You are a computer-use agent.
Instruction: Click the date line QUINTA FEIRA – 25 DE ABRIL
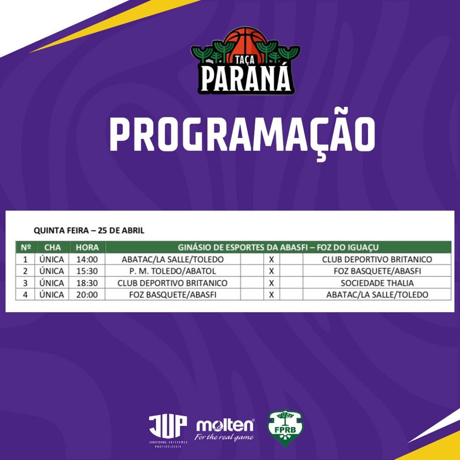pos(89,230)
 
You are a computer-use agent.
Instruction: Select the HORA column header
pos(87,247)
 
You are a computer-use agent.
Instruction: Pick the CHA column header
pos(53,247)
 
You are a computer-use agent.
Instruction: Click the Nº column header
pos(26,247)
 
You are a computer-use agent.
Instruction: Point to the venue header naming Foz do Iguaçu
pos(278,247)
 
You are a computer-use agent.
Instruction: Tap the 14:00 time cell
pos(87,259)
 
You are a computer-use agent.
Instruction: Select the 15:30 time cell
pos(87,271)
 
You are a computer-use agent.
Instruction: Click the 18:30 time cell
pos(87,283)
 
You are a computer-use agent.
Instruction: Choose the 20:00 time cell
pos(87,295)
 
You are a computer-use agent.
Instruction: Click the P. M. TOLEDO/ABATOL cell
pos(172,271)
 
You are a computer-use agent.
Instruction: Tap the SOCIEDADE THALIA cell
pos(377,283)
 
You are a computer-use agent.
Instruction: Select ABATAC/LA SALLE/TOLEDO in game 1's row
pos(172,259)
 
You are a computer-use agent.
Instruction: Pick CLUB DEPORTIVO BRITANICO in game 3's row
pos(172,283)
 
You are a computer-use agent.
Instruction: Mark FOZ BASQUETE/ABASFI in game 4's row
pos(172,295)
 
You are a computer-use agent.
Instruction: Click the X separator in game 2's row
pos(271,271)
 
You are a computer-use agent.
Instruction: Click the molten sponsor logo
pos(225,429)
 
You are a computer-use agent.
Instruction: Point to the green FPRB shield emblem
pos(285,427)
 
